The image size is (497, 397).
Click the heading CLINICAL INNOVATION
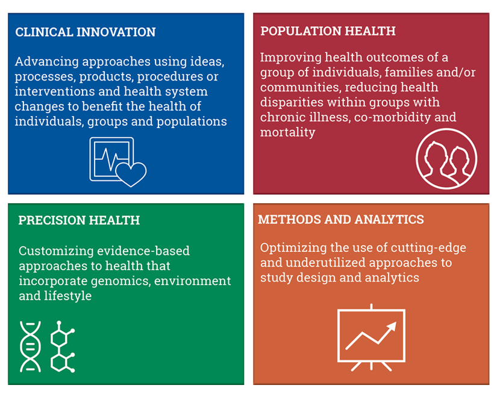[x=86, y=32]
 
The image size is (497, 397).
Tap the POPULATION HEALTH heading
[x=328, y=31]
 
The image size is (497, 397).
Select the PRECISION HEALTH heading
[x=79, y=220]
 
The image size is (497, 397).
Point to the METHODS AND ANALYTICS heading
[x=341, y=220]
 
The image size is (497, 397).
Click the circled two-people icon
[x=446, y=159]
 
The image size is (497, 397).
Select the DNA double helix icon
[x=31, y=346]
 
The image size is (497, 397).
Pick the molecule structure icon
[x=63, y=346]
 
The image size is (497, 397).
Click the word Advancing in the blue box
[x=46, y=62]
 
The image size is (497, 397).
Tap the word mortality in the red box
[x=287, y=132]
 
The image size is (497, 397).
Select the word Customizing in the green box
[x=56, y=251]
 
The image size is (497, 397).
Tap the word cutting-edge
[x=428, y=248]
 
